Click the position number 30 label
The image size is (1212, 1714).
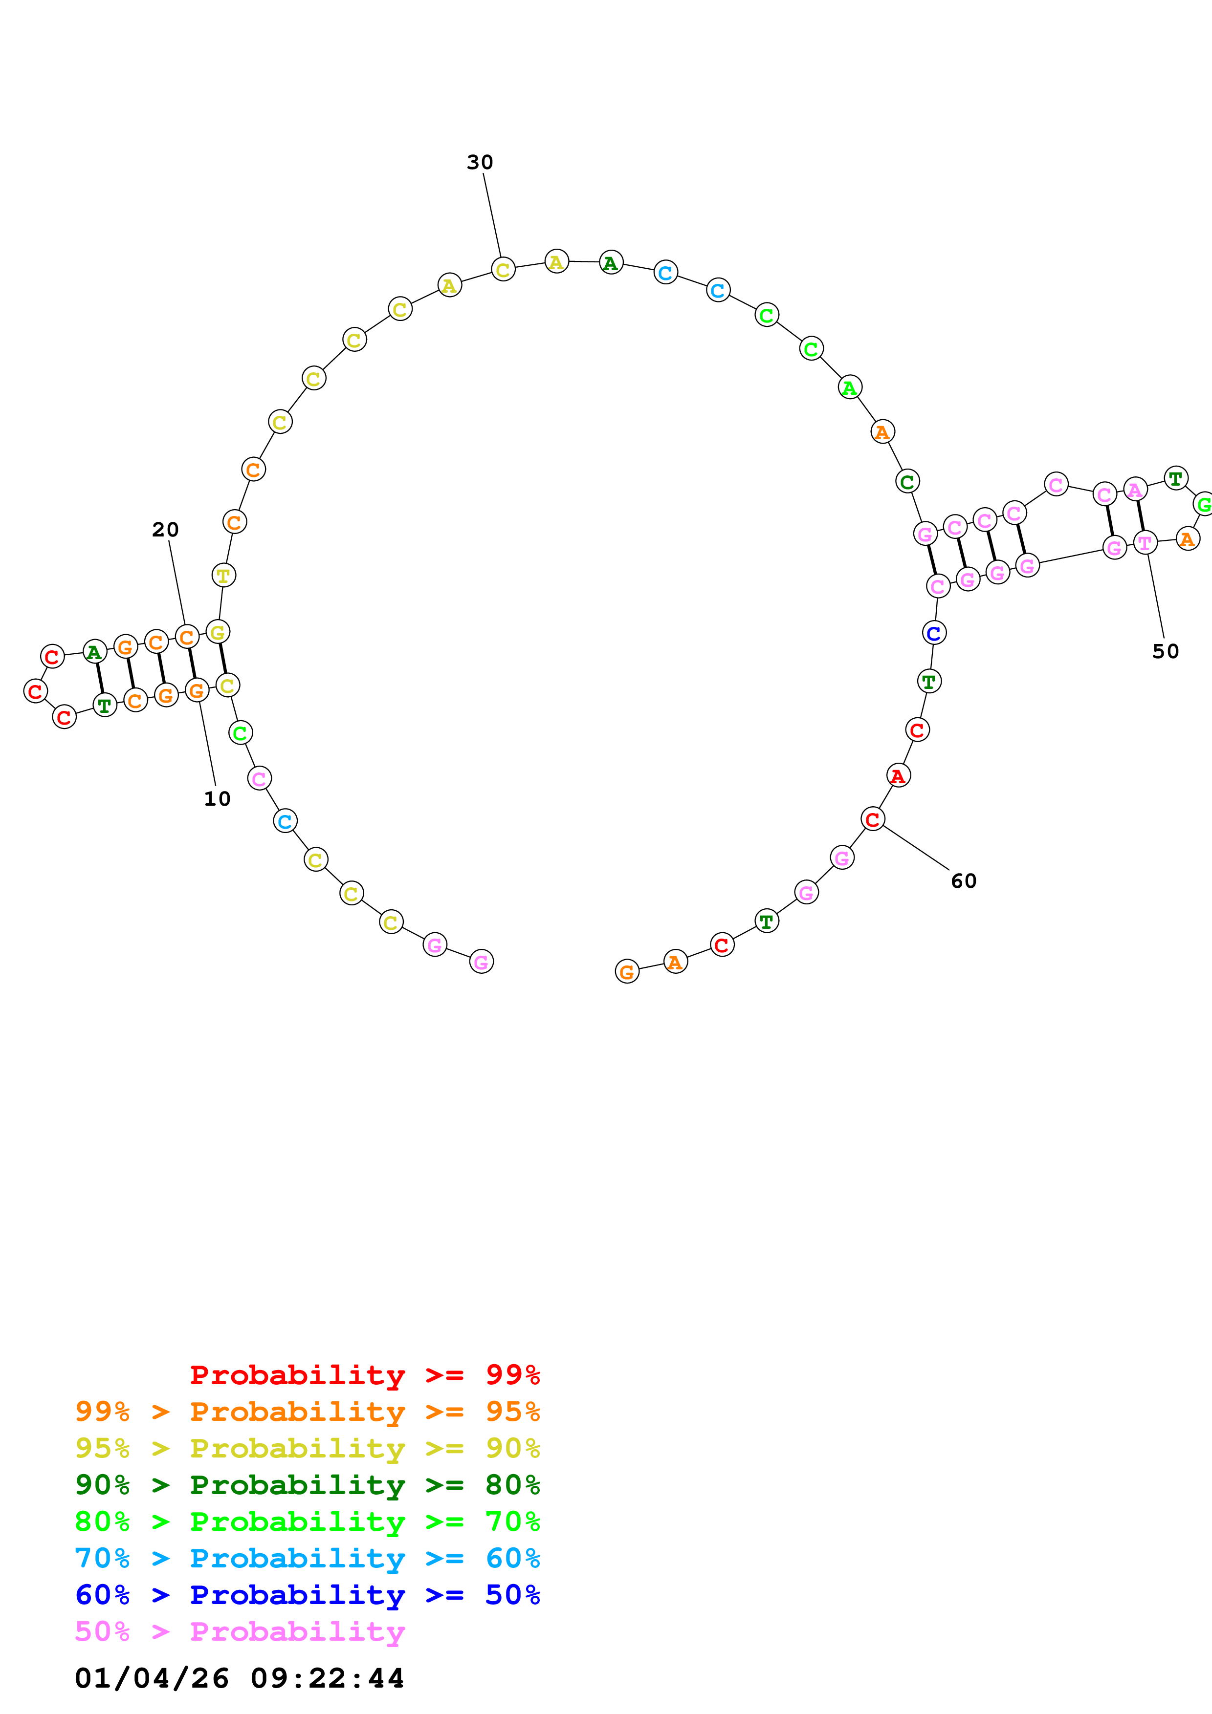[x=480, y=162]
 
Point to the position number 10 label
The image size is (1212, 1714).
[x=217, y=799]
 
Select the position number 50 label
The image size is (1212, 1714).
[x=1165, y=652]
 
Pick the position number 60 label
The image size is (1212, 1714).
[x=963, y=881]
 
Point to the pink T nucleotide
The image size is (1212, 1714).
[x=1145, y=543]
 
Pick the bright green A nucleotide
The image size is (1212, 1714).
[x=850, y=387]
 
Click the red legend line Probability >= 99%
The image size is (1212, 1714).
[x=364, y=1375]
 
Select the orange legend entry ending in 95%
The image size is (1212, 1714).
[x=308, y=1412]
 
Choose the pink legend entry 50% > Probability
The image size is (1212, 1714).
[x=240, y=1631]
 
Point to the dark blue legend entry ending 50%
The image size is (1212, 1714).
[x=308, y=1595]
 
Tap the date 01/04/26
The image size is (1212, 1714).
[x=152, y=1678]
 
